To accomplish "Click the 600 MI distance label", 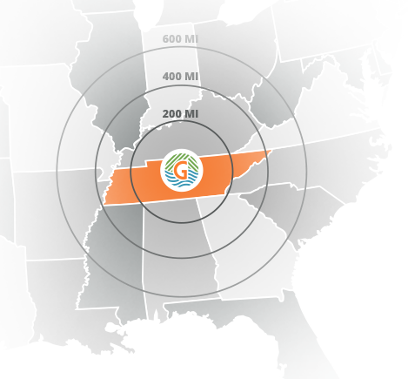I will coord(180,38).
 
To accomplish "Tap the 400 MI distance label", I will coord(180,77).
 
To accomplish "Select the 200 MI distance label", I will coord(180,114).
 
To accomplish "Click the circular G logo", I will coord(181,170).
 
